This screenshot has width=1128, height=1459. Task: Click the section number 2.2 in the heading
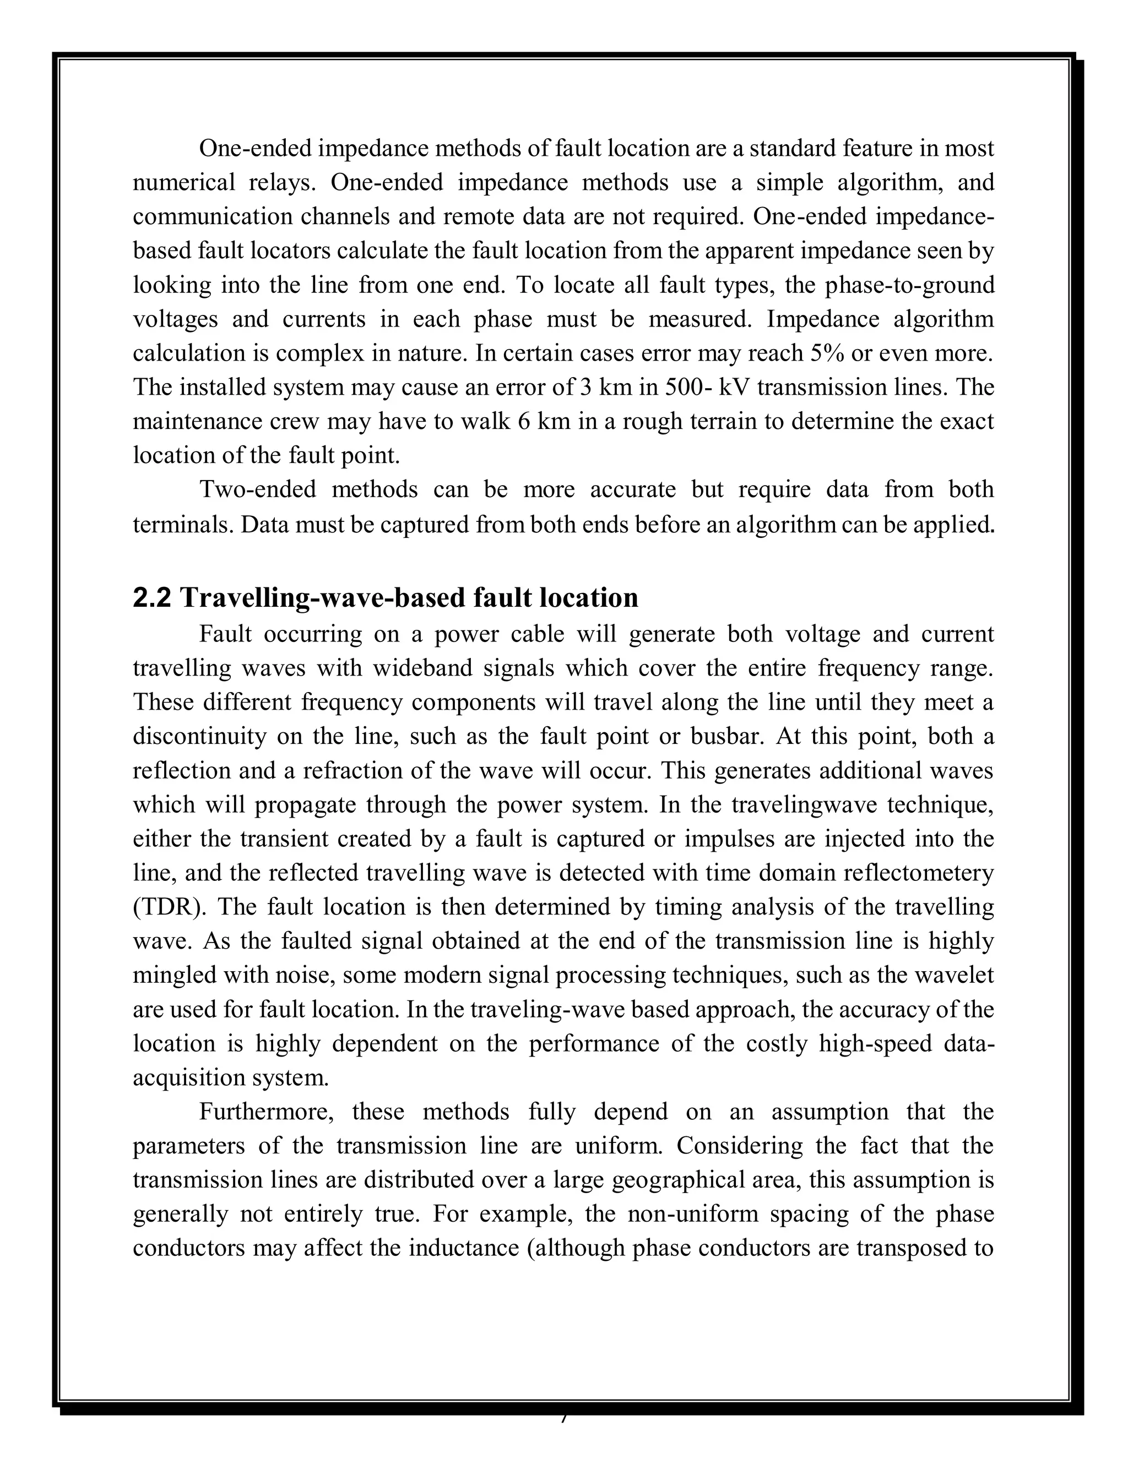click(153, 598)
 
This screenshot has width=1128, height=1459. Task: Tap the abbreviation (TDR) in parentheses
click(170, 907)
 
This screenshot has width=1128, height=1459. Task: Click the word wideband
click(421, 668)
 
